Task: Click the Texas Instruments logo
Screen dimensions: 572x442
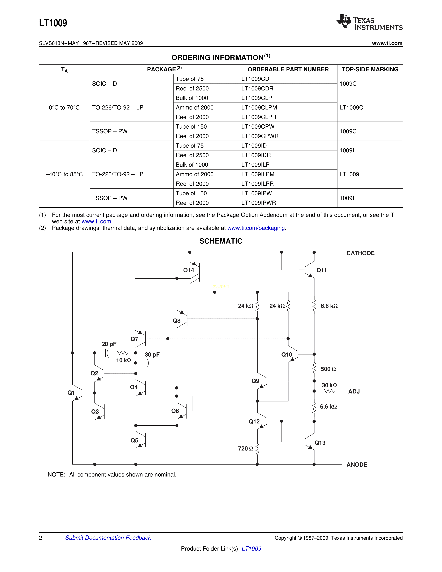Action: tap(369, 22)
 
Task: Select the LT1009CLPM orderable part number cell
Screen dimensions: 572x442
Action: tap(259, 107)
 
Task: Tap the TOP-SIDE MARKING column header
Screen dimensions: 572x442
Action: tap(370, 69)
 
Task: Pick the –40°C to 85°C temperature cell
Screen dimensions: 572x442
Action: tap(64, 174)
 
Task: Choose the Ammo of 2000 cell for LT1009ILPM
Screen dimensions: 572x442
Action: tap(194, 174)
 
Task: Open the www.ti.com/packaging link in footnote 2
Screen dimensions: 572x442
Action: tap(256, 228)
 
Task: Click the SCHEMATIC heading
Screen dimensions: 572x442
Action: tap(221, 241)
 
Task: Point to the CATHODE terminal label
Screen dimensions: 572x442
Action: tap(360, 253)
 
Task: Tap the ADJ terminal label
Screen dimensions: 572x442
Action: tap(354, 391)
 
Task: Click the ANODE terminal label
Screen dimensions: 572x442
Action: tap(357, 464)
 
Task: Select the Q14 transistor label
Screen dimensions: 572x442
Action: tap(189, 270)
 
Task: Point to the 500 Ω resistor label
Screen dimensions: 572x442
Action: tap(328, 369)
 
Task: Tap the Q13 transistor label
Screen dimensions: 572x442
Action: tap(320, 443)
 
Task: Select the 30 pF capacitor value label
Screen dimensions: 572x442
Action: tap(152, 355)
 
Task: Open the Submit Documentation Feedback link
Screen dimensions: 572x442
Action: tap(108, 538)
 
